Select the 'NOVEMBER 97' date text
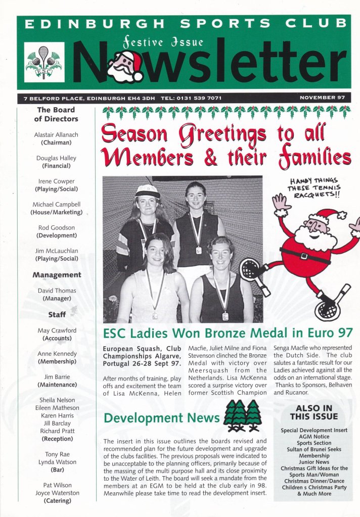323,98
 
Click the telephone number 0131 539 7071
196,98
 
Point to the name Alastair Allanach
56,135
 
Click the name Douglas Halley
56,158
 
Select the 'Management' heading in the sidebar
56,275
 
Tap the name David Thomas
56,291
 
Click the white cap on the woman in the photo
147,191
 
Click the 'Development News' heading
161,418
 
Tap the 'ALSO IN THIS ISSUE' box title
313,412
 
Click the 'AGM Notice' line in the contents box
314,437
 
